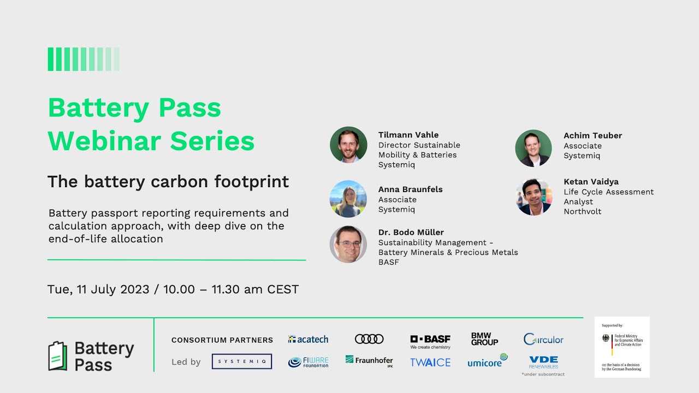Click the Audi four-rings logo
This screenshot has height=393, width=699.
pyautogui.click(x=369, y=339)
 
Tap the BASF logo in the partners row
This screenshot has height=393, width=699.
pyautogui.click(x=430, y=341)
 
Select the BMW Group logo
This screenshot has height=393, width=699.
pyautogui.click(x=484, y=339)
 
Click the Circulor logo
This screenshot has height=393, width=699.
pyautogui.click(x=543, y=339)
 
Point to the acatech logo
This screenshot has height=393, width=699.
pyautogui.click(x=308, y=339)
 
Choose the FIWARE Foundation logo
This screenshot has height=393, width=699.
pyautogui.click(x=308, y=362)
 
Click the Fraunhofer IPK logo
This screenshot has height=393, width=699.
pyautogui.click(x=369, y=361)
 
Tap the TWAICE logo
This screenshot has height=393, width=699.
pyautogui.click(x=430, y=362)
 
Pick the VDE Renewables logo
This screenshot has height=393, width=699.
pyautogui.click(x=543, y=362)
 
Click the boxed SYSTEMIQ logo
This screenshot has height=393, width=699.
pyautogui.click(x=242, y=361)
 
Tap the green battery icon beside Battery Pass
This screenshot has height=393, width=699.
pyautogui.click(x=57, y=356)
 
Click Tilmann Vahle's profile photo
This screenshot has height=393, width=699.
pyautogui.click(x=348, y=145)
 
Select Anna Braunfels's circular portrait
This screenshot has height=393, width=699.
pyautogui.click(x=348, y=199)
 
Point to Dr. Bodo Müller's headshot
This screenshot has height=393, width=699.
pyautogui.click(x=348, y=244)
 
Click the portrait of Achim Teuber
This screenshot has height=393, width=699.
pyautogui.click(x=534, y=148)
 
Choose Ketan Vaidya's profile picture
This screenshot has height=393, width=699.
pyautogui.click(x=534, y=196)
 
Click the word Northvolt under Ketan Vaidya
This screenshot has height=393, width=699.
pyautogui.click(x=582, y=212)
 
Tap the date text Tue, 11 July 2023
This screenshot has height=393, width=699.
pyautogui.click(x=98, y=289)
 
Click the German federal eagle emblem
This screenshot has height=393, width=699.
pyautogui.click(x=606, y=338)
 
